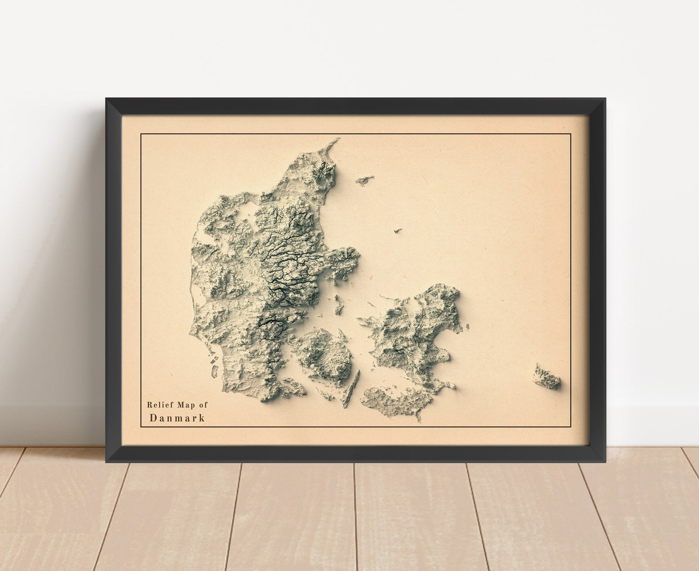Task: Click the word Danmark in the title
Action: click(177, 418)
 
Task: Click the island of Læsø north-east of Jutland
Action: click(364, 180)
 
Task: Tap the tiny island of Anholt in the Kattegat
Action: click(399, 231)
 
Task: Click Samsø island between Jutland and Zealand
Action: click(339, 305)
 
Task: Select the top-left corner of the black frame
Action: click(106, 99)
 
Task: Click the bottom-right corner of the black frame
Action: click(605, 462)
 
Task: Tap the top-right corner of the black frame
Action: click(605, 99)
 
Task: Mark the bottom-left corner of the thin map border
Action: click(141, 427)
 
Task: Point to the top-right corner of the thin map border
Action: click(571, 134)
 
